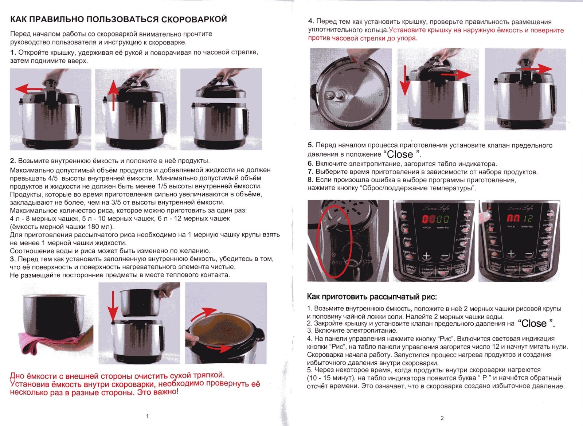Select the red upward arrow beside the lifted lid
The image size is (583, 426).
click(x=114, y=95)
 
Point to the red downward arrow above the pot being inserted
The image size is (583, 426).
click(x=113, y=305)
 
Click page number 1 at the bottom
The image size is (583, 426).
click(x=147, y=416)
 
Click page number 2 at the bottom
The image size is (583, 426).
click(x=442, y=418)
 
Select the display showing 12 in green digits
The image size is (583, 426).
click(x=528, y=219)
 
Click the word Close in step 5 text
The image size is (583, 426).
click(x=400, y=154)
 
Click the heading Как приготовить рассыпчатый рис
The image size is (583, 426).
click(x=372, y=297)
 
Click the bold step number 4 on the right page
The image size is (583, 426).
click(x=310, y=22)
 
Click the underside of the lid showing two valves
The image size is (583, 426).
click(x=350, y=90)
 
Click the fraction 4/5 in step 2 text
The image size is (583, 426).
click(x=53, y=178)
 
